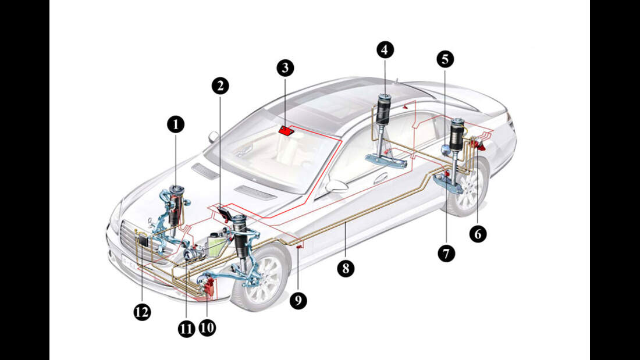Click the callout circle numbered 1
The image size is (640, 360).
(x=175, y=123)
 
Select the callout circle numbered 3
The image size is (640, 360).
(x=285, y=68)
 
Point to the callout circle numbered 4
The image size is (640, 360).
(x=384, y=50)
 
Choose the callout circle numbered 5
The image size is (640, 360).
(x=445, y=59)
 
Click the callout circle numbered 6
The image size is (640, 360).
(x=478, y=234)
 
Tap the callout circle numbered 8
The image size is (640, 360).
(x=346, y=269)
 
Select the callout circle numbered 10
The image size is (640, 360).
(x=207, y=327)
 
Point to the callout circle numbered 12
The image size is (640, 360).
(x=142, y=312)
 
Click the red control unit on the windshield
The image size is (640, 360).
(x=286, y=130)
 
